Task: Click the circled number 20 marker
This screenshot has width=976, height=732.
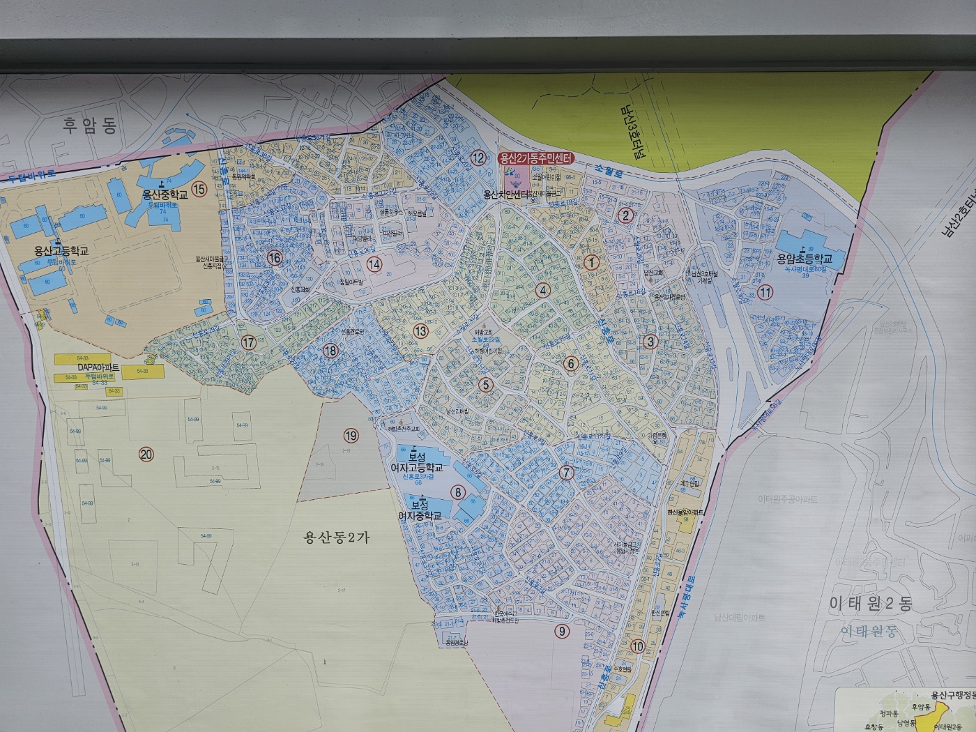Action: point(146,455)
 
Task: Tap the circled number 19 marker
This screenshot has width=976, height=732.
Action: point(351,436)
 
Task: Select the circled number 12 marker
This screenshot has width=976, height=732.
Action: point(478,158)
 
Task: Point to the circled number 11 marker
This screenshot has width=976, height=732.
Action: point(765,292)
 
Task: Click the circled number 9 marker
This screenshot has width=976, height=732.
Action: point(561,632)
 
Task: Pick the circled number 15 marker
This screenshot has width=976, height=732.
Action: point(200,189)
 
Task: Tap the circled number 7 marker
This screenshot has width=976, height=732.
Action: point(566,473)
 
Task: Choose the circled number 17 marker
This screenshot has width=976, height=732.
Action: point(249,342)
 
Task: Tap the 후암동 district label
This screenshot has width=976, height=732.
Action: point(90,125)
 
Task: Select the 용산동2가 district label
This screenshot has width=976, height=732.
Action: point(337,537)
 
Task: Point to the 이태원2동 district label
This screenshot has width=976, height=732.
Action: point(869,604)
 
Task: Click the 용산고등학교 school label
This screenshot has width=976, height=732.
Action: point(61,251)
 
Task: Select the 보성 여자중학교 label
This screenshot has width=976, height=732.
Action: point(420,510)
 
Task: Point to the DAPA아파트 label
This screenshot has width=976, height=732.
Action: point(98,367)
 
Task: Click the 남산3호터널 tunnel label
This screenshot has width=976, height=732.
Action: point(630,133)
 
